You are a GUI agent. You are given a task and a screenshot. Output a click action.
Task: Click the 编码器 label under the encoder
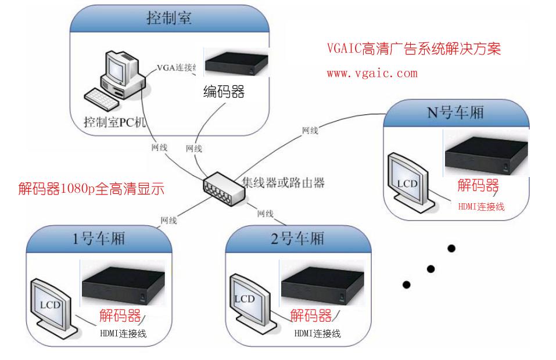(224, 92)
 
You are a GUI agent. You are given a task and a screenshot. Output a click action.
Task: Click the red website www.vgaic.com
(372, 74)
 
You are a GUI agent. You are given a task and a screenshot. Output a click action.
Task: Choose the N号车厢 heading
(455, 113)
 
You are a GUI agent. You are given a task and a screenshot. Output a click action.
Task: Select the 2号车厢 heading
(297, 239)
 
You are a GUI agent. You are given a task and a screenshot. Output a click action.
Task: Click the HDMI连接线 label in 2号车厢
(317, 333)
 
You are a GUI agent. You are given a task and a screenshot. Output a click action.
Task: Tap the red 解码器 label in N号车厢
(478, 186)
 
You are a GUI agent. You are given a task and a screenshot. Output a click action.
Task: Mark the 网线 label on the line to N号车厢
(310, 131)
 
